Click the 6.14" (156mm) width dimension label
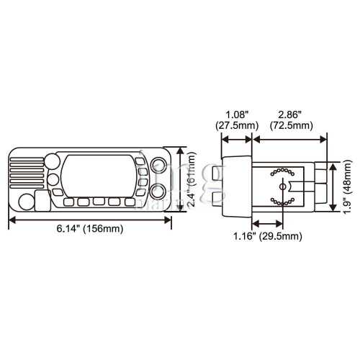coord(90,230)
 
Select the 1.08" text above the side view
coord(237,114)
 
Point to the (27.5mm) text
coord(237,125)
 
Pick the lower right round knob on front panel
coord(158,191)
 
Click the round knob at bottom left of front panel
coord(27,202)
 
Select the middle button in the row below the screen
coord(98,202)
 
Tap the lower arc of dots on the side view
coord(279,201)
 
